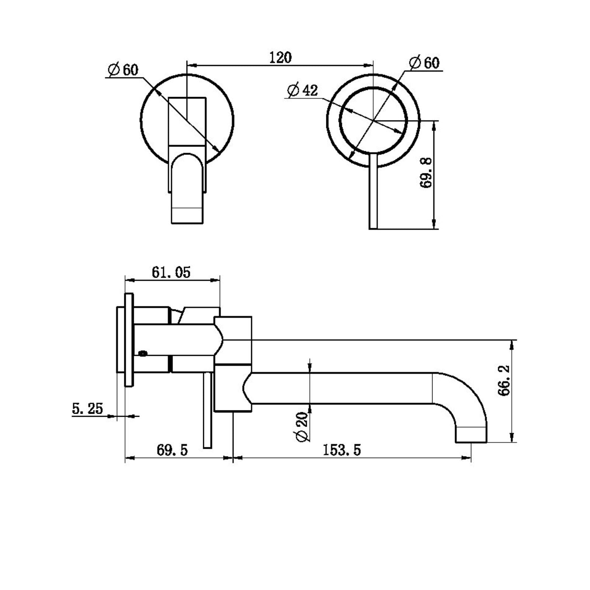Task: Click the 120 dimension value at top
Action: pyautogui.click(x=280, y=58)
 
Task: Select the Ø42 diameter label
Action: pyautogui.click(x=302, y=90)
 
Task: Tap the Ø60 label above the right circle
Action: pyautogui.click(x=425, y=63)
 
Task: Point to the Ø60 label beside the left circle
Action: pyautogui.click(x=123, y=70)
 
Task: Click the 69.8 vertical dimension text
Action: pyautogui.click(x=426, y=172)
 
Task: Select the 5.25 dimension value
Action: pyautogui.click(x=87, y=408)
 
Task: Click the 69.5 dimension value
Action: pyautogui.click(x=172, y=450)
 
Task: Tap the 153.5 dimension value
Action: pyautogui.click(x=342, y=450)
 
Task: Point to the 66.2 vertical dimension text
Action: pyautogui.click(x=504, y=380)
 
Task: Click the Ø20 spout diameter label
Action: pyautogui.click(x=302, y=427)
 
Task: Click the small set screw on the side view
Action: pyautogui.click(x=143, y=354)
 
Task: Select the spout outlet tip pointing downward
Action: pyautogui.click(x=471, y=435)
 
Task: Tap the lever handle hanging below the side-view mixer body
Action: pyautogui.click(x=208, y=413)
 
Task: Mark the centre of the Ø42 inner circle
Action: pyautogui.click(x=373, y=121)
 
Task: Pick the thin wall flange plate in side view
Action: pyautogui.click(x=129, y=340)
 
